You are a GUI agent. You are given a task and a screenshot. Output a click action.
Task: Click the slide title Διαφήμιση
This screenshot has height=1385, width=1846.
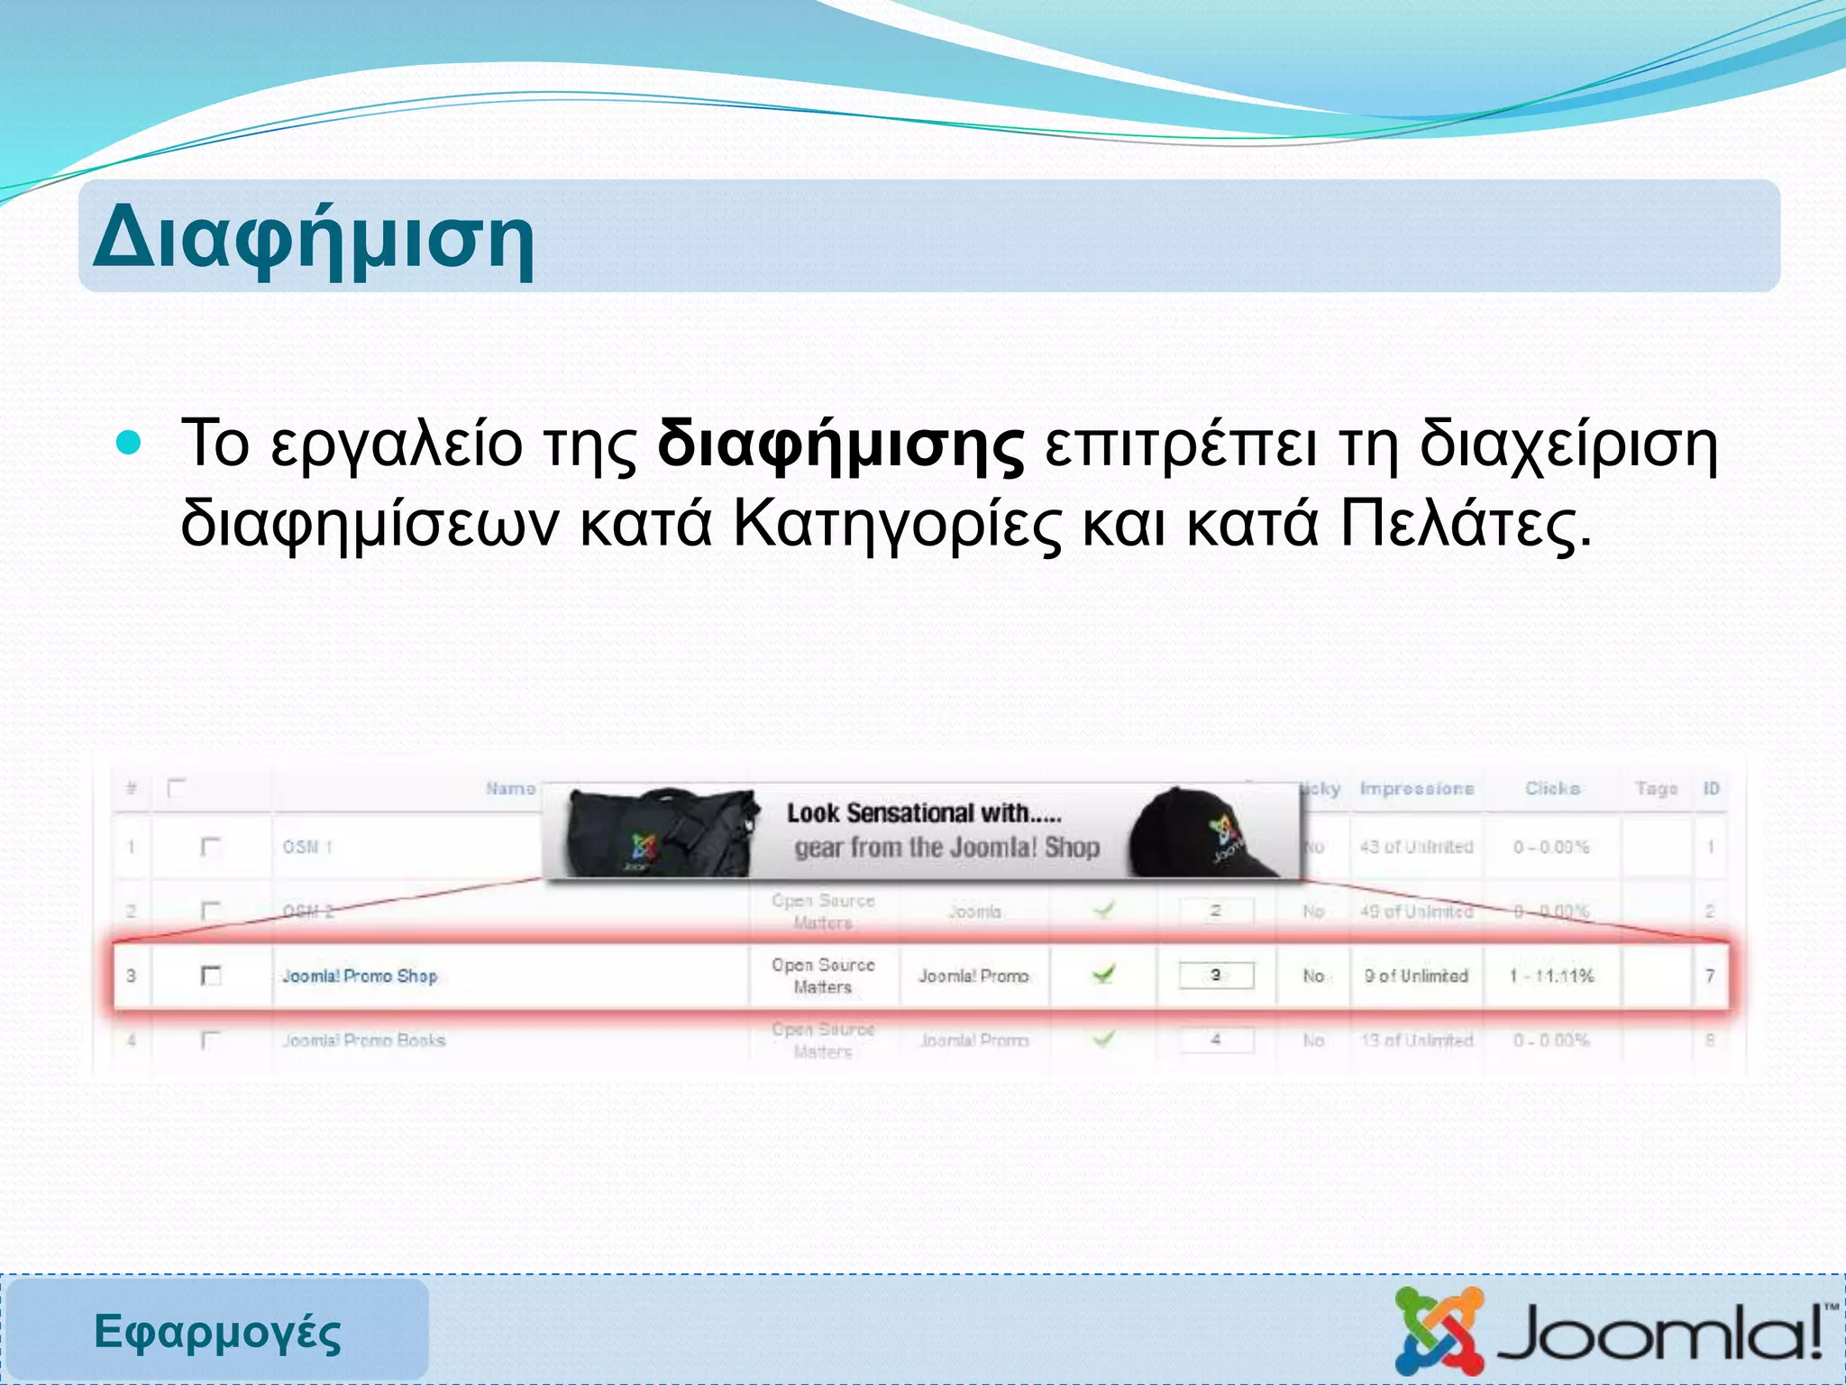click(314, 240)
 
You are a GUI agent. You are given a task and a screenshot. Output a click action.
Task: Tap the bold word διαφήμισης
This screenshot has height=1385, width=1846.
click(840, 445)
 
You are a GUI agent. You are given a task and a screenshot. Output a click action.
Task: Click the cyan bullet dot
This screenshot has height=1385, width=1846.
click(130, 443)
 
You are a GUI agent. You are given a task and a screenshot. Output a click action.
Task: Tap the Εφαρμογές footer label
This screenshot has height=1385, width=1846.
click(217, 1333)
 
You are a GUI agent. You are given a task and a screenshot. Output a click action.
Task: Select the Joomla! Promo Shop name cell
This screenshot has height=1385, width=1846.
click(360, 976)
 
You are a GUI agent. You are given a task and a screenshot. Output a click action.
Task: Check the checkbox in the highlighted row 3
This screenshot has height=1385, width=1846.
click(211, 976)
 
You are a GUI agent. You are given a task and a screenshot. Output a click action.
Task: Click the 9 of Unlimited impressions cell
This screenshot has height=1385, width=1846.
click(1416, 976)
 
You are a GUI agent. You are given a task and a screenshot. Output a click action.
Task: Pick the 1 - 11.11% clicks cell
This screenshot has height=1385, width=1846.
click(1551, 976)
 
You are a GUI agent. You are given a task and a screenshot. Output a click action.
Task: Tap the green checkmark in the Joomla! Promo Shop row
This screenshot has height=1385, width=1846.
click(1103, 974)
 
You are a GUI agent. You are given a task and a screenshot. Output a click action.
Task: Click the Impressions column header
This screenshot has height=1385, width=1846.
click(1417, 789)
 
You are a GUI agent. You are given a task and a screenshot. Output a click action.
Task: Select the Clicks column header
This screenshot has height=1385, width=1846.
click(1552, 789)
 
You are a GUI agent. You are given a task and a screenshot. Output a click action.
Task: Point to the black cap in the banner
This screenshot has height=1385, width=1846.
click(1203, 834)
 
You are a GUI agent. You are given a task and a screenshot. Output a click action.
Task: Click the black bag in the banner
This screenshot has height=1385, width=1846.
click(658, 834)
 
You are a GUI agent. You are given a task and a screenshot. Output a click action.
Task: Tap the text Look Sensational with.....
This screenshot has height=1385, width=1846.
click(924, 813)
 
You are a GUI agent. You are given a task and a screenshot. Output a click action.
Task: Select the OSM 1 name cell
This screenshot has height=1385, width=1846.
click(307, 847)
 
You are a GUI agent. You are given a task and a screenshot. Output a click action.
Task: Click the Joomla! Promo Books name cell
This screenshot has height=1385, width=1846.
click(363, 1041)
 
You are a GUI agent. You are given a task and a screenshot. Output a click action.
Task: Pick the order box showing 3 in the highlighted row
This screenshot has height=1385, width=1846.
click(1216, 976)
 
